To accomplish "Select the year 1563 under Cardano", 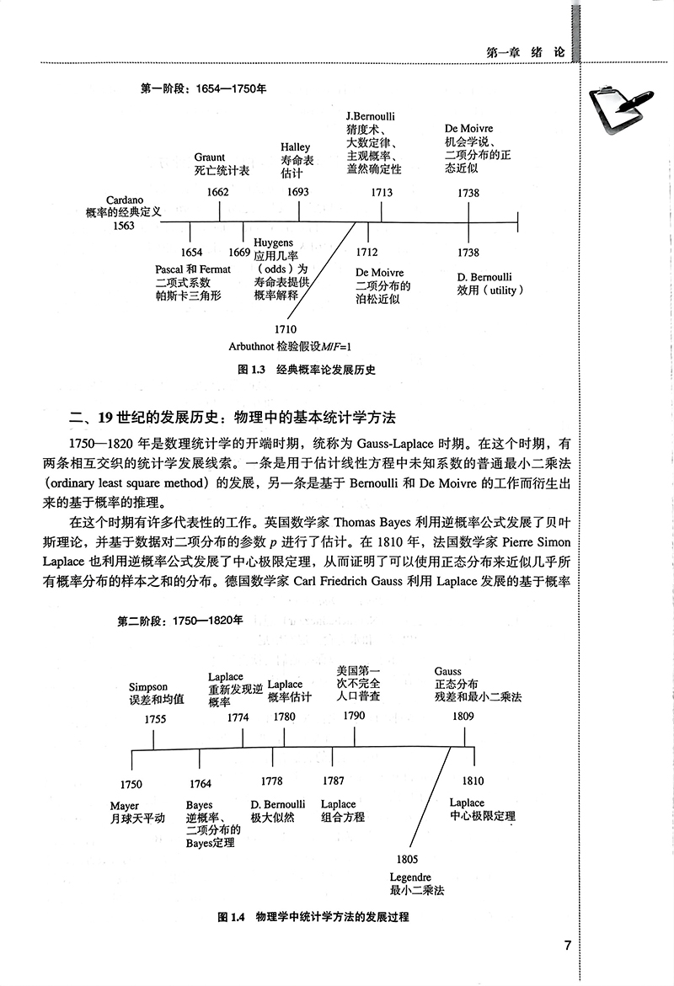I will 123,227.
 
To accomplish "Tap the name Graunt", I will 210,157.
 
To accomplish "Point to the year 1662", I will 217,192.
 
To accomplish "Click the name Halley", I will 296,146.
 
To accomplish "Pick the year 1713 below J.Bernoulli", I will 382,192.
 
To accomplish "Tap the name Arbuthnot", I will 253,346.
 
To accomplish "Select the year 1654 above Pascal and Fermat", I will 191,253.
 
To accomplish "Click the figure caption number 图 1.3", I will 252,370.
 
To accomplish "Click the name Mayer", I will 125,806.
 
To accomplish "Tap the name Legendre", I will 410,877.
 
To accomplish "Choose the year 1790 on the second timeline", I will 354,715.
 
